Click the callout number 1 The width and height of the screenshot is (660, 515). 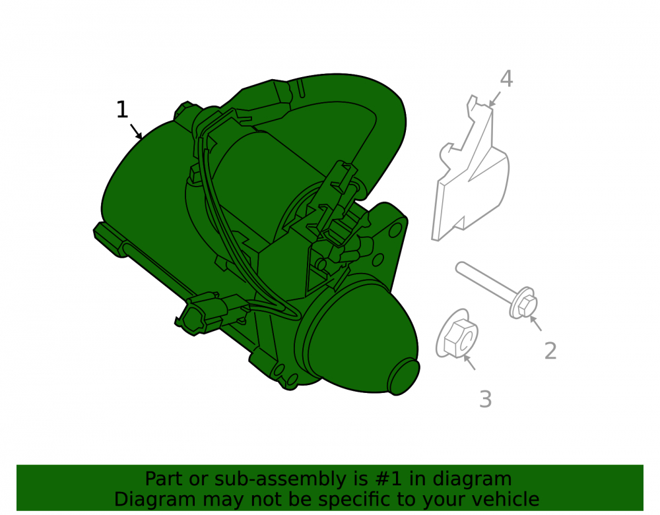pos(122,109)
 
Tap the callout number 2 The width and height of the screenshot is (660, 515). pos(550,351)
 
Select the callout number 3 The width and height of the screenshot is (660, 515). pos(485,399)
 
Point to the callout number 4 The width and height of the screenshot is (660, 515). pos(506,78)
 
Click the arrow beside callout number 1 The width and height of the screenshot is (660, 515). pos(136,131)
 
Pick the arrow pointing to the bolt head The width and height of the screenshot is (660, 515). pos(535,323)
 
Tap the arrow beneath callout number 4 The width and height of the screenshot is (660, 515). pos(494,99)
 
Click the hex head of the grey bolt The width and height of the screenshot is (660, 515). pos(527,304)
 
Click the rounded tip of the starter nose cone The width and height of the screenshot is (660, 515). pos(403,377)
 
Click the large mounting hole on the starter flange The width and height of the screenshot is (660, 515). pos(395,230)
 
